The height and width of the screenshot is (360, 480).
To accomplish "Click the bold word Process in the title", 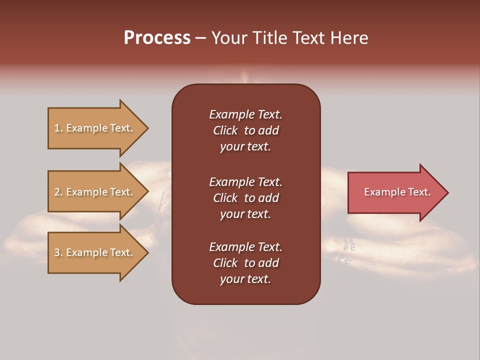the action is (157, 38).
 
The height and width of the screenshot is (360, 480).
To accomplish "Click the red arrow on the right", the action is (395, 192).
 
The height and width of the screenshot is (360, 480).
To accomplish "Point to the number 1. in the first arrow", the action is (58, 128).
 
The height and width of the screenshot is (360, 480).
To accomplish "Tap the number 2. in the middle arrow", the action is (58, 192).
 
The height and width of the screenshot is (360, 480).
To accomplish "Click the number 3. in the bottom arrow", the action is (58, 252).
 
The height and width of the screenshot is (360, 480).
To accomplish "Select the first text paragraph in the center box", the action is (245, 130).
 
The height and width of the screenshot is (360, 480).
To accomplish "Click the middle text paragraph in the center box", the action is (245, 197).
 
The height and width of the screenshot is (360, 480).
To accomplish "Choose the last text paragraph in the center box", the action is (245, 263).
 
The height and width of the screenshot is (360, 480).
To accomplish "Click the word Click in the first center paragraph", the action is (225, 130).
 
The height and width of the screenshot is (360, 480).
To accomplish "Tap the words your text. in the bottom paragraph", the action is (245, 279).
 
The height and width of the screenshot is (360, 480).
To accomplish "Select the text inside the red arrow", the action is (397, 192).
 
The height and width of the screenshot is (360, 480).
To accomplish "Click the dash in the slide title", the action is (201, 38).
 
